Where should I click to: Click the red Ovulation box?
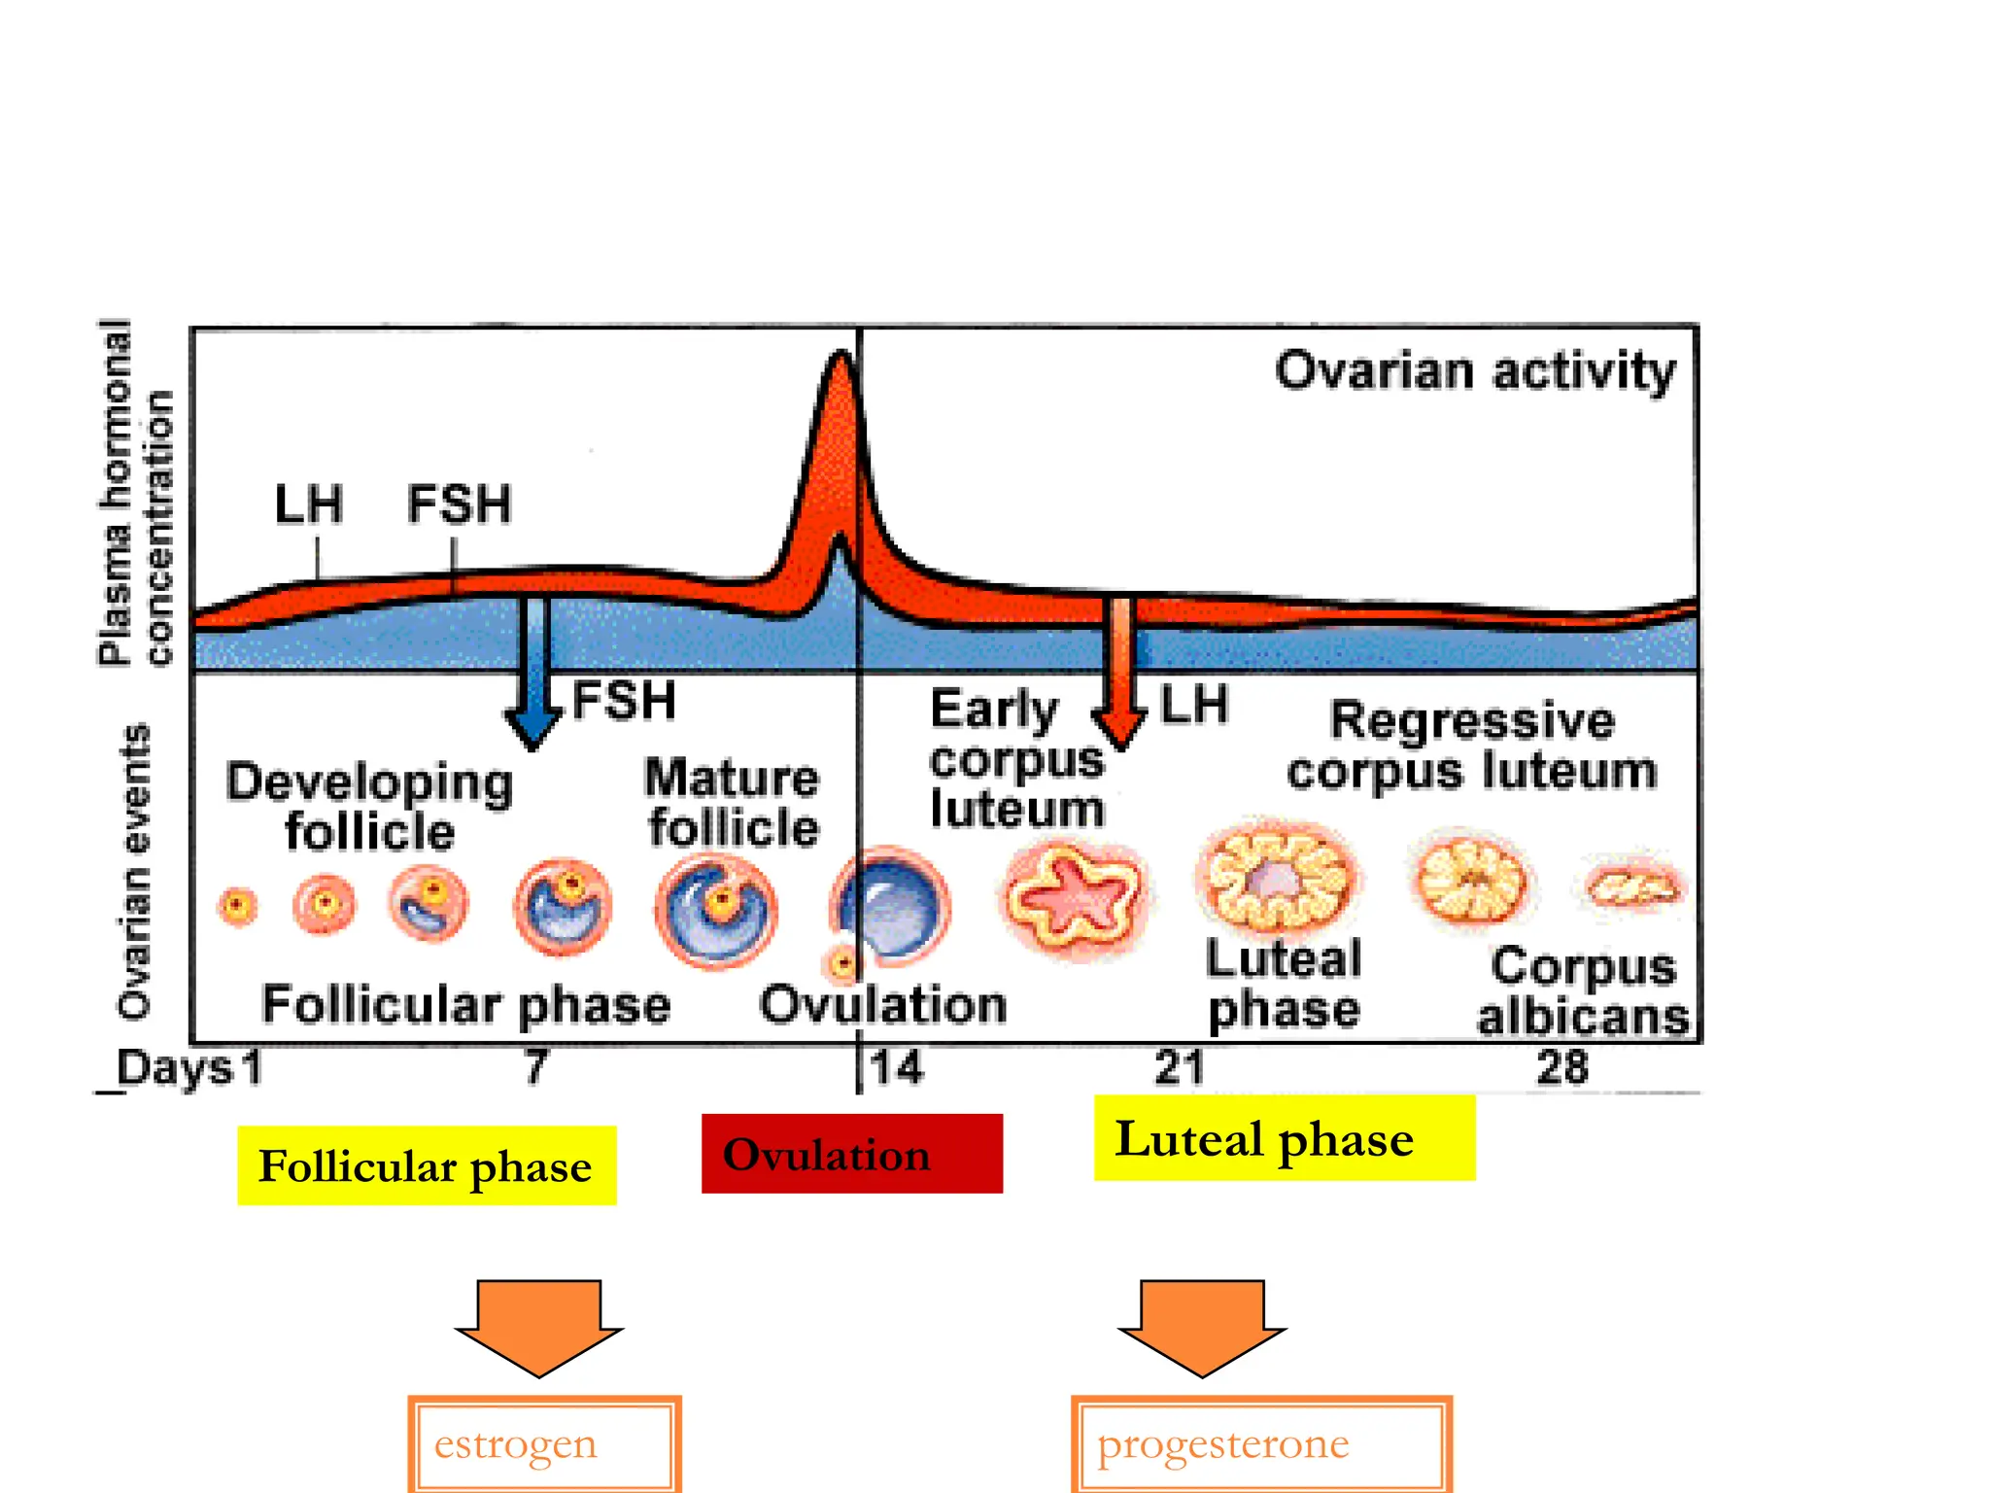click(x=851, y=1154)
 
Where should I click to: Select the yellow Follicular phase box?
click(x=427, y=1165)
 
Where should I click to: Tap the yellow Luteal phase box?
click(x=1284, y=1138)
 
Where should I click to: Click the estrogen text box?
click(x=544, y=1444)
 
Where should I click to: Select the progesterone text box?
click(x=1261, y=1444)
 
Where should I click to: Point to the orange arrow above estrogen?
click(x=539, y=1326)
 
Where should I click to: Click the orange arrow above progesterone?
click(x=1202, y=1326)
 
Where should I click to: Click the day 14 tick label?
click(x=896, y=1067)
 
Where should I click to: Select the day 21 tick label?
click(x=1179, y=1067)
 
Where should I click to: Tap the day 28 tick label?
click(x=1561, y=1067)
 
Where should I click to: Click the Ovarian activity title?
click(x=1475, y=371)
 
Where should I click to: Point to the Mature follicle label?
click(x=733, y=803)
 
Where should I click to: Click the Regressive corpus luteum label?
click(x=1472, y=746)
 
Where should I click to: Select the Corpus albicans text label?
click(x=1583, y=991)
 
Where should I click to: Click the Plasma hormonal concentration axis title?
click(x=136, y=494)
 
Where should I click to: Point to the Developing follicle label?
click(x=369, y=807)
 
